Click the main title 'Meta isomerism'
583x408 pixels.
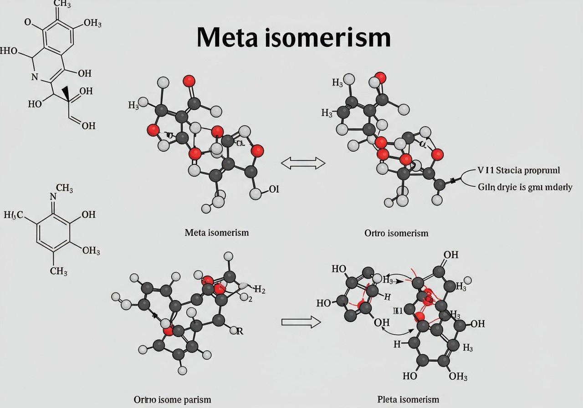pos(294,38)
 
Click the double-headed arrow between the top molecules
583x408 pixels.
pos(303,163)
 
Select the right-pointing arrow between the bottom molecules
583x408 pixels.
pos(301,322)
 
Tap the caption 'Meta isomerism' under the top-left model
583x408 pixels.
pos(217,233)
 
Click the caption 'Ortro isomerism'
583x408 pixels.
pos(396,233)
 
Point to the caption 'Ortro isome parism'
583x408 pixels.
pos(172,399)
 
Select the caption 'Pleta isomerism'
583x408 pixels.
pos(408,399)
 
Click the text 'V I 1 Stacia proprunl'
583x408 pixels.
pos(518,170)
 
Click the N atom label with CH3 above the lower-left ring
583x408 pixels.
pos(53,197)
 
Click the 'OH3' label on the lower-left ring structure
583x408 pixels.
pos(91,250)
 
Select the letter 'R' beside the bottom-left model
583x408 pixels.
pos(240,331)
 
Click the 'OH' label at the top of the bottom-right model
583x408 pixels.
pos(450,255)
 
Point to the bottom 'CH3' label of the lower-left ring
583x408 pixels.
pos(59,272)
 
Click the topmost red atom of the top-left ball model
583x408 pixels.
pos(189,82)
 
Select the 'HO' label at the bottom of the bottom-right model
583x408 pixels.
pos(410,376)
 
